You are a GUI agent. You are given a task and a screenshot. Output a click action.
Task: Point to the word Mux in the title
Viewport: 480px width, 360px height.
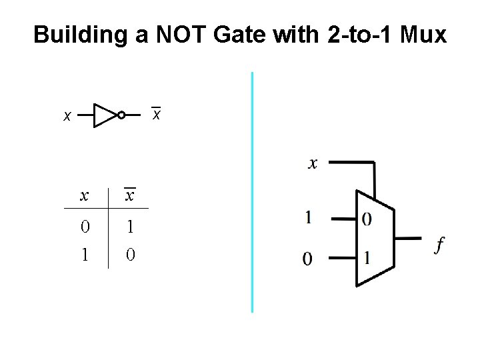(424, 35)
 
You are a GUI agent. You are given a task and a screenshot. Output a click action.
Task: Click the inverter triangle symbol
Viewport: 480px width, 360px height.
(105, 115)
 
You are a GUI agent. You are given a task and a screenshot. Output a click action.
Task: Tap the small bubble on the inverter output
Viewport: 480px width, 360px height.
(121, 115)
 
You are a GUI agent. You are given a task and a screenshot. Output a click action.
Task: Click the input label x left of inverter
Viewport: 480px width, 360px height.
(67, 117)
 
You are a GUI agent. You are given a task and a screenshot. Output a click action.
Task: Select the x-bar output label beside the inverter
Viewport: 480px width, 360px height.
(156, 114)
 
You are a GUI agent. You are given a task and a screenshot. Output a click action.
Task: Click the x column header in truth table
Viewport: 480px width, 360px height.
(84, 195)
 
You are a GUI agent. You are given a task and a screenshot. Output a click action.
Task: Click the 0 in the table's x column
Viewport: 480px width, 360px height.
(84, 227)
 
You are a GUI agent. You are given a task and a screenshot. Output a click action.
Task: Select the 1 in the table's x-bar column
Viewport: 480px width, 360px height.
(131, 227)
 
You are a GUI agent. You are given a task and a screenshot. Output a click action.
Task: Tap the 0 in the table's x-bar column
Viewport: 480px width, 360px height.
(131, 255)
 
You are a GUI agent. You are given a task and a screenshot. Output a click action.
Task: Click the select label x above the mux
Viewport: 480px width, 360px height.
(313, 163)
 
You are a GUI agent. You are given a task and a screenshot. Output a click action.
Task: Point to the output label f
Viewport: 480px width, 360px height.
(439, 245)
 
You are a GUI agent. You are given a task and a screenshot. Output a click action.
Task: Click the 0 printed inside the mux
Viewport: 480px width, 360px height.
(367, 219)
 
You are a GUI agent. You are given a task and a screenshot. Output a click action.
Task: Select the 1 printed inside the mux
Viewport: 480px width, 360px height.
(367, 257)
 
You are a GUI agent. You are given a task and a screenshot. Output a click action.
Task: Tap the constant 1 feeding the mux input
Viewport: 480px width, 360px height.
(308, 217)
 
